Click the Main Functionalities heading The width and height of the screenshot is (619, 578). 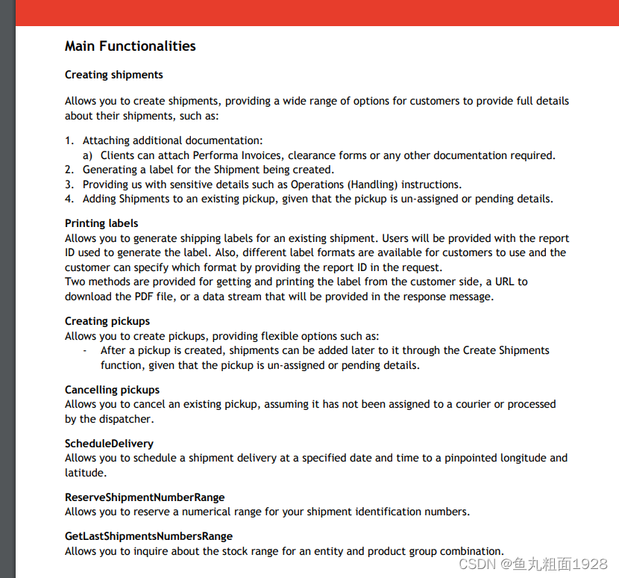[x=130, y=46]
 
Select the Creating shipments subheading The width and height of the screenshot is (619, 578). [x=113, y=75]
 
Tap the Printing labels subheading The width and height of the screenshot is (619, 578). [x=101, y=223]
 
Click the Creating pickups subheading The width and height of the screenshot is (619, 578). [x=107, y=321]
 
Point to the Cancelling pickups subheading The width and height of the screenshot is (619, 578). [x=112, y=390]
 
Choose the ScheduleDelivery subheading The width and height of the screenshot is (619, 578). [x=109, y=444]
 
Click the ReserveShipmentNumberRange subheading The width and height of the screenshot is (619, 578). [x=145, y=497]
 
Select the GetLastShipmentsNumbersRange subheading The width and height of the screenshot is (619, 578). [x=148, y=536]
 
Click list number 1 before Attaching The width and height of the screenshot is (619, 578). [x=69, y=140]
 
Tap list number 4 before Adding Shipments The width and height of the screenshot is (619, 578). [x=69, y=199]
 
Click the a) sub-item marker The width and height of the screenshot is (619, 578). [x=87, y=155]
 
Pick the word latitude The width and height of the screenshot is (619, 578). [x=84, y=473]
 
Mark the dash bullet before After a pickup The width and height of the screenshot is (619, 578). [x=86, y=351]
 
